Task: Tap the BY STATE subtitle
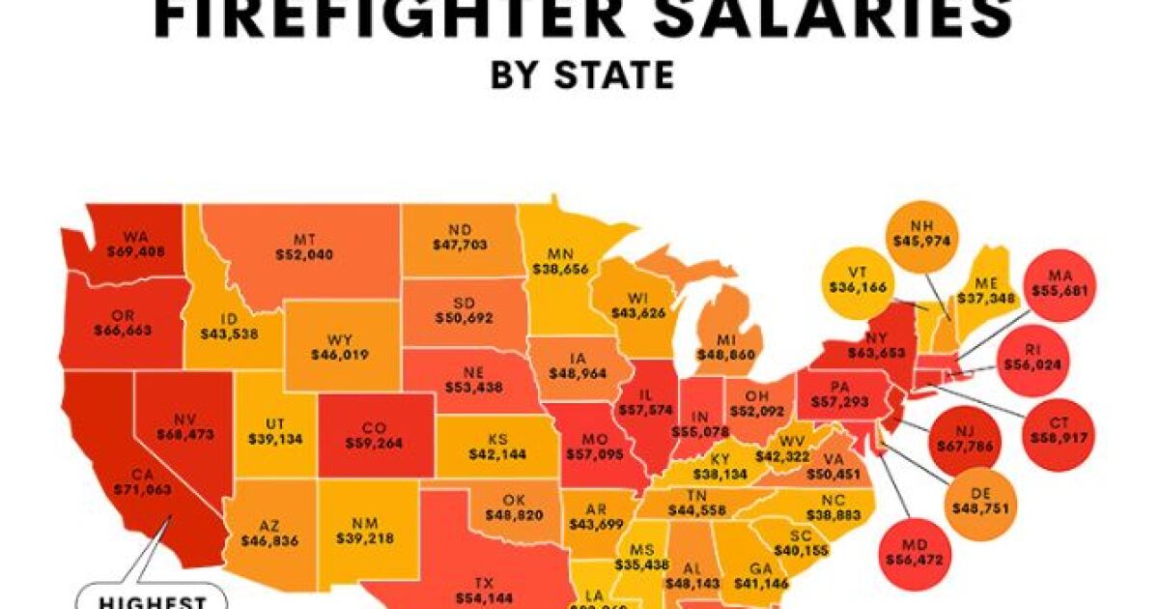tap(581, 75)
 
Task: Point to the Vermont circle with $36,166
tap(858, 282)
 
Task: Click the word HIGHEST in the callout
tap(154, 602)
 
